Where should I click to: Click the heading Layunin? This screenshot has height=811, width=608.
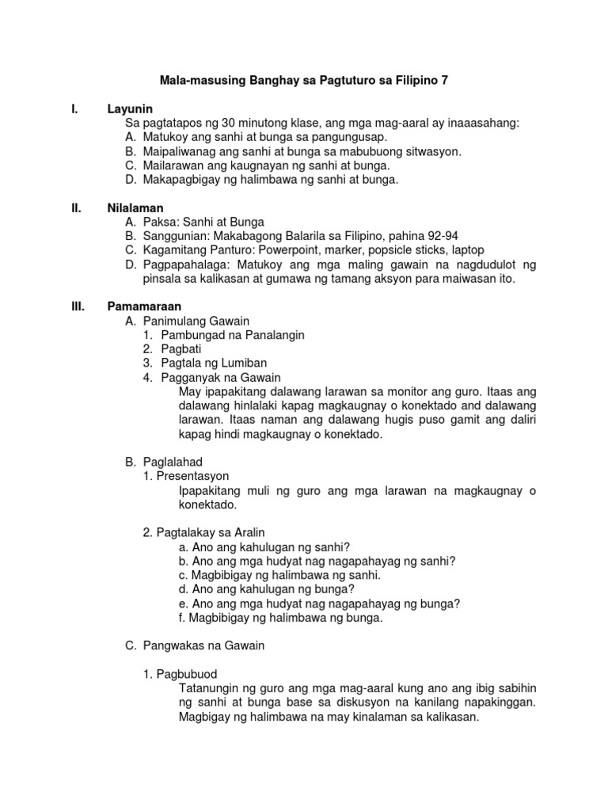(x=130, y=109)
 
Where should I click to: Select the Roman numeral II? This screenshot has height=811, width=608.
(x=77, y=208)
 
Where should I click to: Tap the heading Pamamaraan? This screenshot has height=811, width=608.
(x=145, y=306)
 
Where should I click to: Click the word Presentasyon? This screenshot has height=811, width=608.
(x=192, y=476)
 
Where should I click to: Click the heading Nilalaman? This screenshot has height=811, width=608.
(x=135, y=208)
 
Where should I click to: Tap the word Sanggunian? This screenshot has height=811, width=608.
(x=173, y=236)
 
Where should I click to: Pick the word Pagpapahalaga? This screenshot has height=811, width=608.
(x=184, y=265)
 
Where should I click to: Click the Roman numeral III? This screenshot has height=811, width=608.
(x=78, y=306)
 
